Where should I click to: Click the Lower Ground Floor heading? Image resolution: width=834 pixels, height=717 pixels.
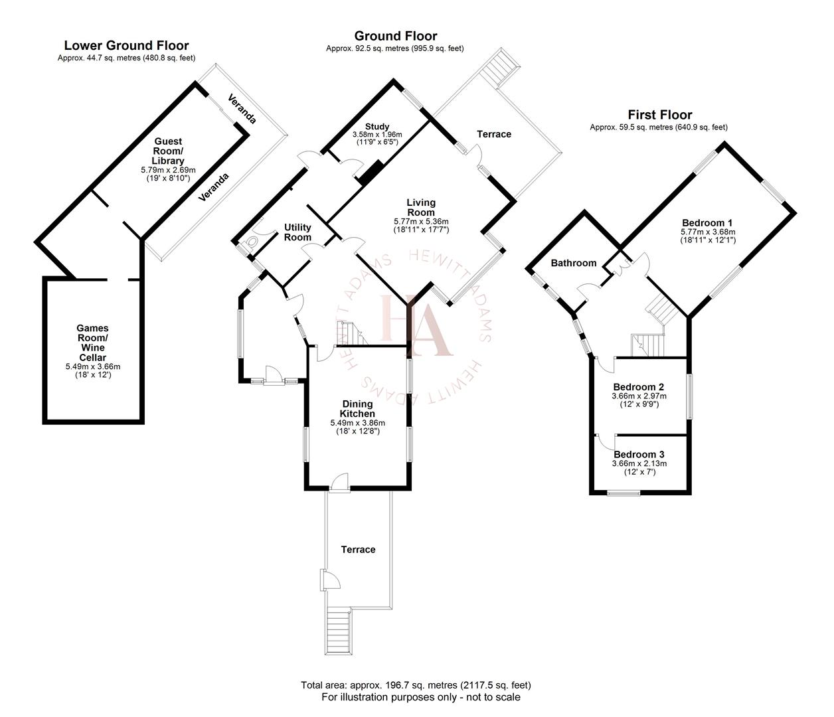(126, 46)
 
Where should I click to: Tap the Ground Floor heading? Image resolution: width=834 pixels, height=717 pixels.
(395, 36)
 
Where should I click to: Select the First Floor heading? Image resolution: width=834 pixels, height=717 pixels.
(659, 115)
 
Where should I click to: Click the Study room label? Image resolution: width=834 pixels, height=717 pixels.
(376, 127)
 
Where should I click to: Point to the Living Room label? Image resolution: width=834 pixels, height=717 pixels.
(421, 207)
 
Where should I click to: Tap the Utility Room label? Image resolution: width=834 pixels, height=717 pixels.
(297, 232)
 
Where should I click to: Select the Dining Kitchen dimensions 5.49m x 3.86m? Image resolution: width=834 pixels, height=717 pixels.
(357, 423)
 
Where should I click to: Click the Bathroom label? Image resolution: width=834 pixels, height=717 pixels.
(574, 263)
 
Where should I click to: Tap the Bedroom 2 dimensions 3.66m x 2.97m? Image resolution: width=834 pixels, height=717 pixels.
(639, 396)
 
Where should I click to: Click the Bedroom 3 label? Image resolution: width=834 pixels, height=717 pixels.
(639, 454)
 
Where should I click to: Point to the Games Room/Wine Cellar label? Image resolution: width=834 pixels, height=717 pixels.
(92, 343)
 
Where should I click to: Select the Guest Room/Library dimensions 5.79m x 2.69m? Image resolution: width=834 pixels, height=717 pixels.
(168, 170)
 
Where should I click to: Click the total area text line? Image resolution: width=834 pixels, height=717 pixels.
(416, 685)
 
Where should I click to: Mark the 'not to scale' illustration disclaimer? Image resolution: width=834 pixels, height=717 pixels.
(420, 698)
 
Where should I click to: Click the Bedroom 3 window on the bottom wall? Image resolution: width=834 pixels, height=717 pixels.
(624, 493)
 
